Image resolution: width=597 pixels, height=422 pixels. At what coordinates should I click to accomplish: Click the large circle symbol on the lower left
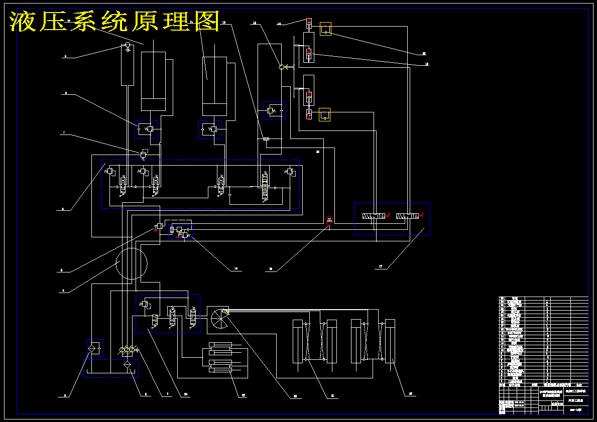(132, 263)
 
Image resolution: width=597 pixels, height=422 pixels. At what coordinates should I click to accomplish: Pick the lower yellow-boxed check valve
(325, 115)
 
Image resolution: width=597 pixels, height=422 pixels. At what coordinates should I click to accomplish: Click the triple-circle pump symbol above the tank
(128, 349)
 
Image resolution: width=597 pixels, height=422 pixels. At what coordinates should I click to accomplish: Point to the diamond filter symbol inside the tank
(127, 365)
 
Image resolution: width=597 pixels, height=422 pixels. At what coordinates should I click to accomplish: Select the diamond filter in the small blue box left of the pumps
(93, 346)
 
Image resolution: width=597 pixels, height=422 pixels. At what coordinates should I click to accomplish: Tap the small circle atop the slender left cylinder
(127, 46)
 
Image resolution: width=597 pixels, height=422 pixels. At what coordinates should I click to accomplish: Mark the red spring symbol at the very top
(309, 21)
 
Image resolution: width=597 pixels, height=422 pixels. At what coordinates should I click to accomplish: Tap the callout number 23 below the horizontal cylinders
(244, 395)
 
